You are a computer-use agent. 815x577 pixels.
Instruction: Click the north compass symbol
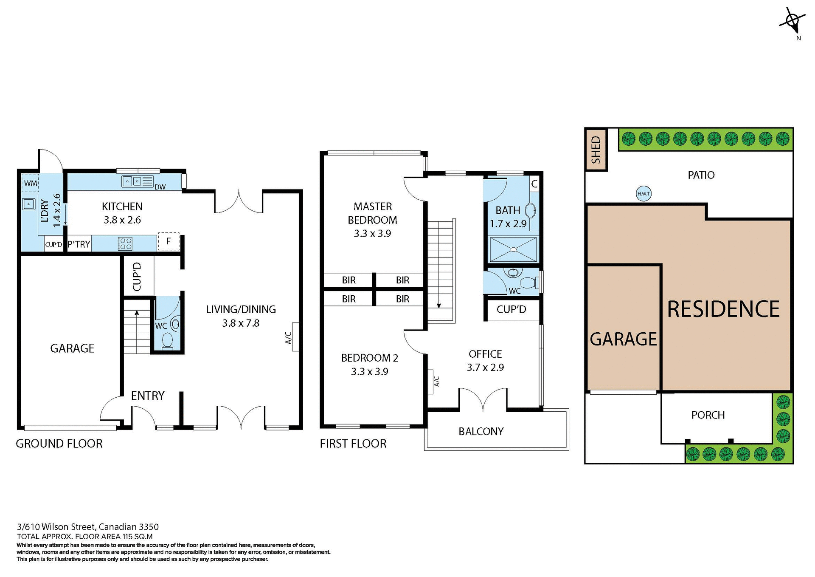click(792, 21)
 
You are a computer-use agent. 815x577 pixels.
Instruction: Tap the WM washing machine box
click(30, 184)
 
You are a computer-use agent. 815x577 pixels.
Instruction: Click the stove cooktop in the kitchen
click(125, 244)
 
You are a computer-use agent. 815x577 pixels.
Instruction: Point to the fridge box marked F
click(169, 241)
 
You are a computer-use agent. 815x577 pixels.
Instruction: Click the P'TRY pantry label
click(79, 244)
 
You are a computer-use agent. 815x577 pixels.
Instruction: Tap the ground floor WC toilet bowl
click(167, 341)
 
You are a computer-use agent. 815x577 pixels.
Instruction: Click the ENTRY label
click(147, 396)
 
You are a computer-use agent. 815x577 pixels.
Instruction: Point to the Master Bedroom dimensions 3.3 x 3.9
click(372, 233)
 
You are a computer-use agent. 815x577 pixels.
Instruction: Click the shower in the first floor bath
click(513, 249)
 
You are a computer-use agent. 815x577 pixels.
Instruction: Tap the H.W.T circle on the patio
click(644, 194)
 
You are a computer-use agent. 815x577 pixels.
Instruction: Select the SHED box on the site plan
click(596, 150)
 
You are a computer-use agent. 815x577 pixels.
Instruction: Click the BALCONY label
click(481, 431)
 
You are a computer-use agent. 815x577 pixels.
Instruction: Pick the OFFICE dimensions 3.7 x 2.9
click(485, 368)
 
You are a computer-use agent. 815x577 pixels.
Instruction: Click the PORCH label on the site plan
click(708, 415)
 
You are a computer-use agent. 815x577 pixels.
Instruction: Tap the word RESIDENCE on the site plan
click(723, 309)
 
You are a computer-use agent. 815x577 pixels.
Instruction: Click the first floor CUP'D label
click(511, 309)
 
